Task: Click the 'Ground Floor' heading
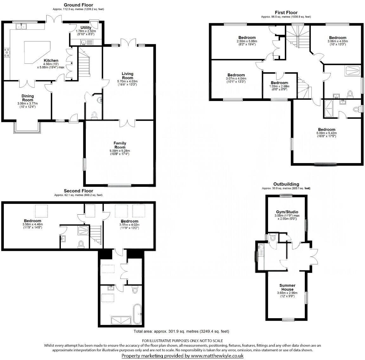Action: (x=78, y=5)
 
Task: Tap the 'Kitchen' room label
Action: (x=51, y=60)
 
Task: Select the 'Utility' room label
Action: (x=86, y=28)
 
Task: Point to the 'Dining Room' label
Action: (x=28, y=98)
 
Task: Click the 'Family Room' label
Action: (x=120, y=145)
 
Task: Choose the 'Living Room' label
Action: (x=128, y=76)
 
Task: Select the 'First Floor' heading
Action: (x=286, y=13)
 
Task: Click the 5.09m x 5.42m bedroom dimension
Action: (x=326, y=133)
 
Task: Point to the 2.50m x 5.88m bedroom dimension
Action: (x=247, y=41)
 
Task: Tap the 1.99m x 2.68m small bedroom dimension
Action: (x=279, y=86)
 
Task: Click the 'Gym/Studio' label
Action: (x=286, y=212)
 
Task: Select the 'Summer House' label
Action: (x=287, y=287)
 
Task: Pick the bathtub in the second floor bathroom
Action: (x=137, y=313)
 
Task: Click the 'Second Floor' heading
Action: (x=78, y=191)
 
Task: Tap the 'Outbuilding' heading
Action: (x=286, y=184)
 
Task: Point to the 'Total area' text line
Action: (x=181, y=332)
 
